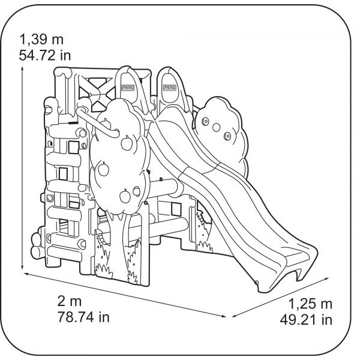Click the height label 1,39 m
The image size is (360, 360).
click(x=41, y=39)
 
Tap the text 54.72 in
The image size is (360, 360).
click(x=45, y=56)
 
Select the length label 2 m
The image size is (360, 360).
click(x=70, y=301)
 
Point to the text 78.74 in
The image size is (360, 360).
click(x=83, y=317)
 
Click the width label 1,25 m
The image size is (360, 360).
click(x=310, y=304)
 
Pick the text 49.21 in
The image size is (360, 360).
click(x=306, y=320)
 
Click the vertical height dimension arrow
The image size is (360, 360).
click(x=22, y=167)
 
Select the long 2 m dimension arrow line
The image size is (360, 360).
click(x=125, y=295)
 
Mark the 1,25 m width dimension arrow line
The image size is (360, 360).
click(x=280, y=298)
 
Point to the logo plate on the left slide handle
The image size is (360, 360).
click(x=128, y=88)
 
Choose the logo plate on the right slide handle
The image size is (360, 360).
click(x=169, y=87)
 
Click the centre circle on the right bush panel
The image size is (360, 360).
click(x=216, y=127)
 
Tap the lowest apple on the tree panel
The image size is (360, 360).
click(x=125, y=196)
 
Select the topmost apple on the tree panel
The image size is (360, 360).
click(x=106, y=123)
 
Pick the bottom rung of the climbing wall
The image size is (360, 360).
click(x=65, y=252)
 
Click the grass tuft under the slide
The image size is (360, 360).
click(x=205, y=247)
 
